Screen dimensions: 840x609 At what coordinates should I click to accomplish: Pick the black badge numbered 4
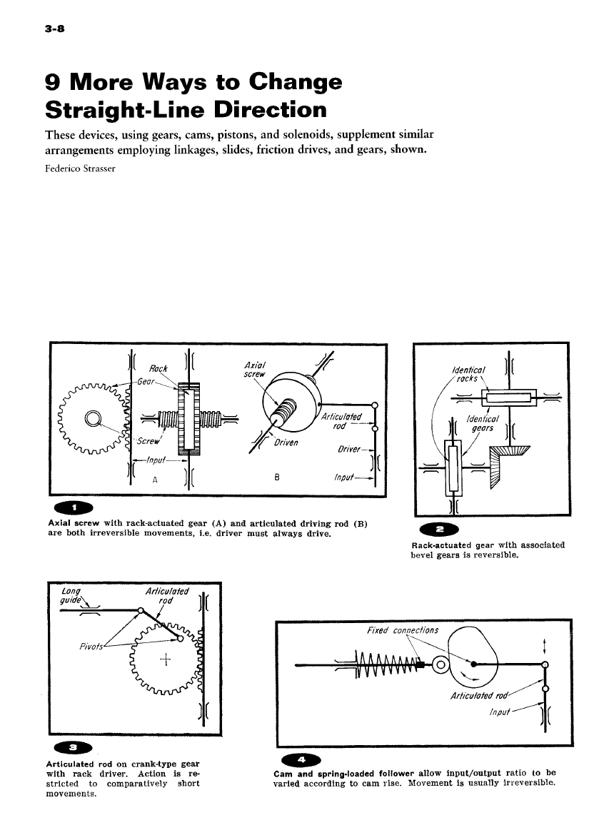pyautogui.click(x=301, y=758)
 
